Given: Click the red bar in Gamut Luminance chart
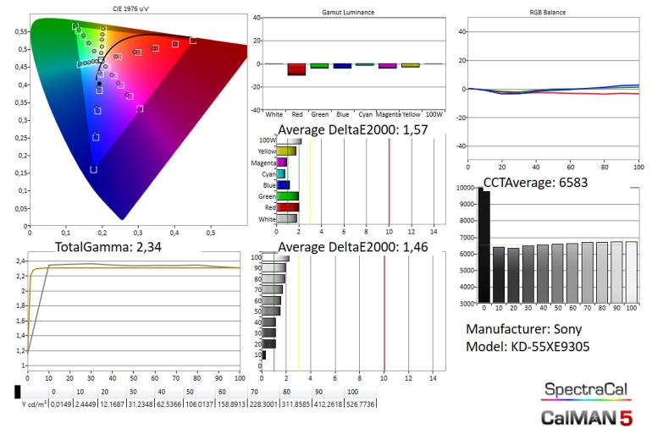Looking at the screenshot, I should pyautogui.click(x=296, y=69).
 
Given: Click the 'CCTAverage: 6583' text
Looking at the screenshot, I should pyautogui.click(x=536, y=181).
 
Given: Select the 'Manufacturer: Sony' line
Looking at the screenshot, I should pyautogui.click(x=526, y=329).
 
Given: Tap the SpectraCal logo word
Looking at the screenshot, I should pyautogui.click(x=587, y=389).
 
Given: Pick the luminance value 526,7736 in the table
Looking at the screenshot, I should pyautogui.click(x=359, y=404).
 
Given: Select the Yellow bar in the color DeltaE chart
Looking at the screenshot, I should pyautogui.click(x=287, y=151).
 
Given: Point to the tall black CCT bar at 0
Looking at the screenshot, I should pyautogui.click(x=484, y=245).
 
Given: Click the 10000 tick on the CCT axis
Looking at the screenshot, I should pyautogui.click(x=467, y=189).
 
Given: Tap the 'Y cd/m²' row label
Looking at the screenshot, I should pyautogui.click(x=34, y=404).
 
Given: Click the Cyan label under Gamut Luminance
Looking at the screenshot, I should pyautogui.click(x=365, y=113).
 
